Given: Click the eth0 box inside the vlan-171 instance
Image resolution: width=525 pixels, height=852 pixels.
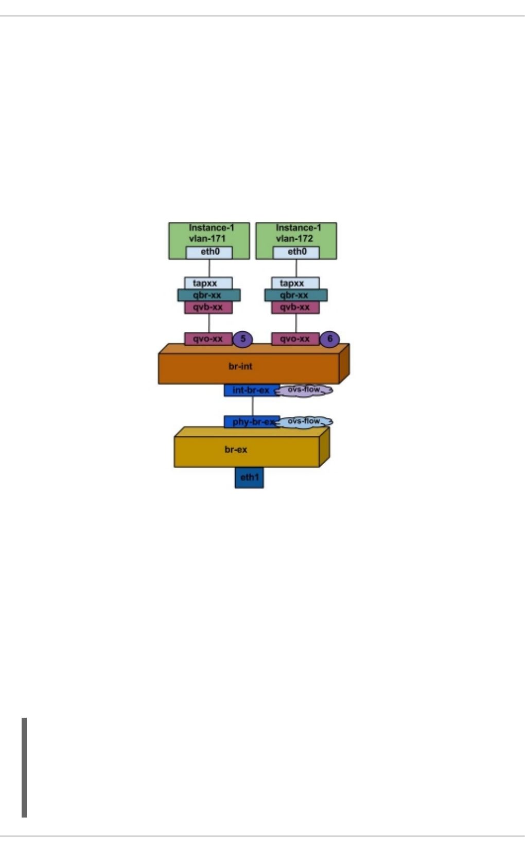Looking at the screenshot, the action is click(209, 252).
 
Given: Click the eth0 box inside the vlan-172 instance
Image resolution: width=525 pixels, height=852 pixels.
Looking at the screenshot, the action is click(296, 252).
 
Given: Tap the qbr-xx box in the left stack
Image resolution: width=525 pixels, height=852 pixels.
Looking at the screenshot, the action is click(208, 295).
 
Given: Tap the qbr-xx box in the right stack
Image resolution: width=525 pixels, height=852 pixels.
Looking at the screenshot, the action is click(295, 295).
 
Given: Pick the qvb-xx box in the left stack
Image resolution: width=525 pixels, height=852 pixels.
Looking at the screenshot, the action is click(208, 307).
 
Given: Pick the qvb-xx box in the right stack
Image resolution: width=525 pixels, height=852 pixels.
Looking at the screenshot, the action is click(295, 307).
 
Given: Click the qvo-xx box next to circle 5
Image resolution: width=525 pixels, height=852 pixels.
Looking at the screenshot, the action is click(208, 339).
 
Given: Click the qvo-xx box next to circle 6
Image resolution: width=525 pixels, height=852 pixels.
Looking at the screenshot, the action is click(295, 339).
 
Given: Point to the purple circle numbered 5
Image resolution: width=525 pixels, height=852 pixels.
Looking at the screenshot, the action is click(243, 339).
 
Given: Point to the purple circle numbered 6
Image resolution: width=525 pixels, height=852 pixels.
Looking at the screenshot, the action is click(330, 339).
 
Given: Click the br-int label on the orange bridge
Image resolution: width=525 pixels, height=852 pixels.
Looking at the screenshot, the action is click(240, 366).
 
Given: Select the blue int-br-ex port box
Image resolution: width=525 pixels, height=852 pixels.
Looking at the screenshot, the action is click(251, 390).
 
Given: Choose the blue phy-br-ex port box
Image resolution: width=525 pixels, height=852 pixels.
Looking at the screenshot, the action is click(251, 422).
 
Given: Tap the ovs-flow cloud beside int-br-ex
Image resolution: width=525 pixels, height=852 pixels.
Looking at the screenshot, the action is click(305, 390).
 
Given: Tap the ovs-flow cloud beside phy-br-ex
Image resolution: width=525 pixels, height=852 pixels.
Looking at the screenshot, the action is click(305, 422).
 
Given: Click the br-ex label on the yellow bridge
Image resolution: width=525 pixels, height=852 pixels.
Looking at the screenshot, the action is click(236, 450).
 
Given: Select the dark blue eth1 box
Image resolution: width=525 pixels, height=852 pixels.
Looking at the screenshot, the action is click(249, 477).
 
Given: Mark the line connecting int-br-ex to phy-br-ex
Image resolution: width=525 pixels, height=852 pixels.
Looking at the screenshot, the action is click(252, 406).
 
